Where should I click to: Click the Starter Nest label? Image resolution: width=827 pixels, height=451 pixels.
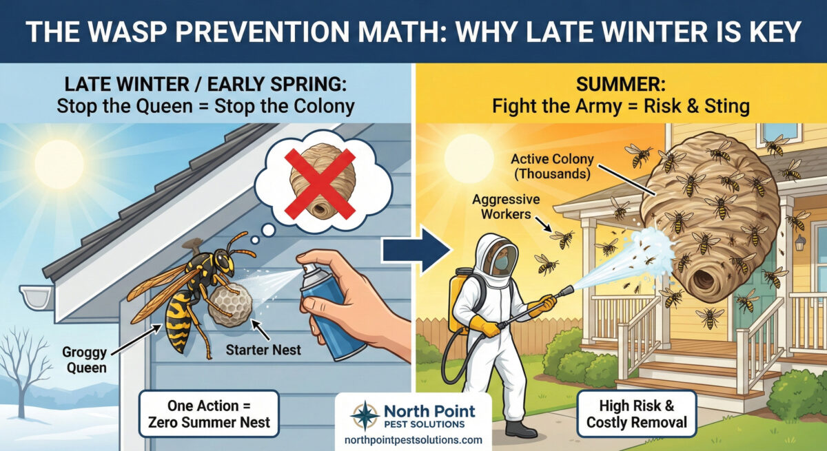(x=263, y=350)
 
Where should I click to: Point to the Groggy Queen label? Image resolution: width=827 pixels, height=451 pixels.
(x=85, y=359)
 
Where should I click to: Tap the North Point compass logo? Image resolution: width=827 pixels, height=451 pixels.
(x=365, y=416)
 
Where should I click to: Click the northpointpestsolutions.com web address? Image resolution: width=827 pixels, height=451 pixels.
(x=413, y=440)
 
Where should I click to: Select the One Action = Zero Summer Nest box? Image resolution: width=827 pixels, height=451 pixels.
(x=209, y=414)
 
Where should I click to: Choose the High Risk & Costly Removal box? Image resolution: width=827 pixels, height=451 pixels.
(x=637, y=414)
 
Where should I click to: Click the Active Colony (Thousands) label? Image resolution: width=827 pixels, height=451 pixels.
(x=552, y=167)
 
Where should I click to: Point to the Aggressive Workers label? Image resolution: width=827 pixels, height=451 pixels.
(x=506, y=207)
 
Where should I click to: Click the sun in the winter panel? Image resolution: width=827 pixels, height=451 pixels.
(x=59, y=165)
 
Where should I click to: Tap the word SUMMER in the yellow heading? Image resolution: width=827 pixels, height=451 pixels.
(x=621, y=85)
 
